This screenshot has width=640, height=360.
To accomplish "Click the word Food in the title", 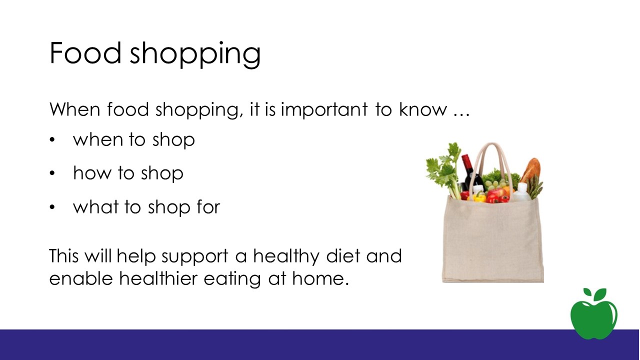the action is pos(85,53).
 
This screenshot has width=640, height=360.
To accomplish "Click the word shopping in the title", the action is pos(195,54).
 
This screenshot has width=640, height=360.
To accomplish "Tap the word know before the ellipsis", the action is pos(423,109).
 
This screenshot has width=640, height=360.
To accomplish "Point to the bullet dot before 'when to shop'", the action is pos(52,140).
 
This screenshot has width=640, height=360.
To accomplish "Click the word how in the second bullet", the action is pos(92,173).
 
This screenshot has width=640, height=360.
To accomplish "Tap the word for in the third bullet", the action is pos(208,206).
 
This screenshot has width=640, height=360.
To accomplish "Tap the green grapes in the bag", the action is pos(495,184).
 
